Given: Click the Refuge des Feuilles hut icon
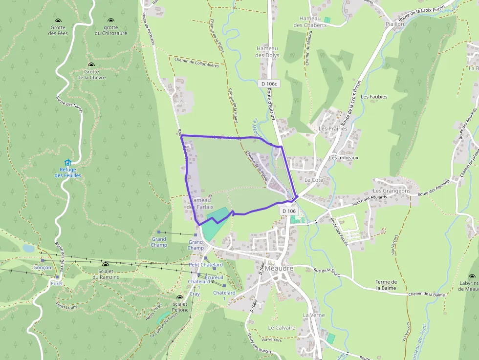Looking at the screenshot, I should [67, 163].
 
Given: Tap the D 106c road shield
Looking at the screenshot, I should [269, 84].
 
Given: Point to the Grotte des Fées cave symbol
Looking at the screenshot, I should [58, 21].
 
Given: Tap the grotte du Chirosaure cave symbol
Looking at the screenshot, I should [110, 21].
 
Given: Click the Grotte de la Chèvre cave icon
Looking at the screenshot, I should [91, 64].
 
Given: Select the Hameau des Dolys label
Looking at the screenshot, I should [266, 52].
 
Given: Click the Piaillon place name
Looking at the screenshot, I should [394, 23].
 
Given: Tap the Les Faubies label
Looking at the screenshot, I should [374, 97].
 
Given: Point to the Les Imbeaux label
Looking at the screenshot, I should [344, 158].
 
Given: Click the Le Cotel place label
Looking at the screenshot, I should [314, 180].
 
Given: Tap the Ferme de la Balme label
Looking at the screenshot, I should [386, 285].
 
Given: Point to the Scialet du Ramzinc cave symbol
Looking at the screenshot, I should [105, 264].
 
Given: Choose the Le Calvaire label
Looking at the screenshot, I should [282, 328].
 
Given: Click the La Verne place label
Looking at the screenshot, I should [313, 315].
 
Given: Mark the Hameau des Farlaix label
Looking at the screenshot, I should [200, 203].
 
